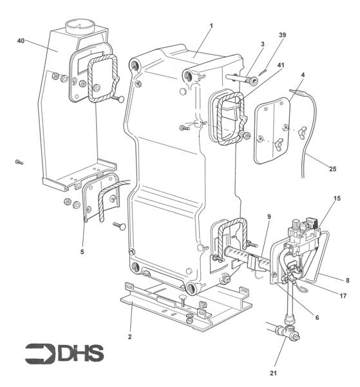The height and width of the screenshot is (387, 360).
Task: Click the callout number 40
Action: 21,41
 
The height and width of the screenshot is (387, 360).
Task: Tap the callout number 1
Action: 211,26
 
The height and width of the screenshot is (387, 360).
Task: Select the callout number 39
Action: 282,35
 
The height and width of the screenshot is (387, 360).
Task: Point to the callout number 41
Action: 281,65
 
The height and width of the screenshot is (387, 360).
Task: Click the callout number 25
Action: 333,169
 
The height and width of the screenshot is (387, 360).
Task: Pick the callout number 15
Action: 337,199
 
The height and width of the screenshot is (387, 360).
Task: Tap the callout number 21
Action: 273,373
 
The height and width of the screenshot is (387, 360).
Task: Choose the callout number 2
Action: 130,337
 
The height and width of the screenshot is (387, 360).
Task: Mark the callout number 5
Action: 82,252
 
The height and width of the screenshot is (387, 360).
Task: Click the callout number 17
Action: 343,295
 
